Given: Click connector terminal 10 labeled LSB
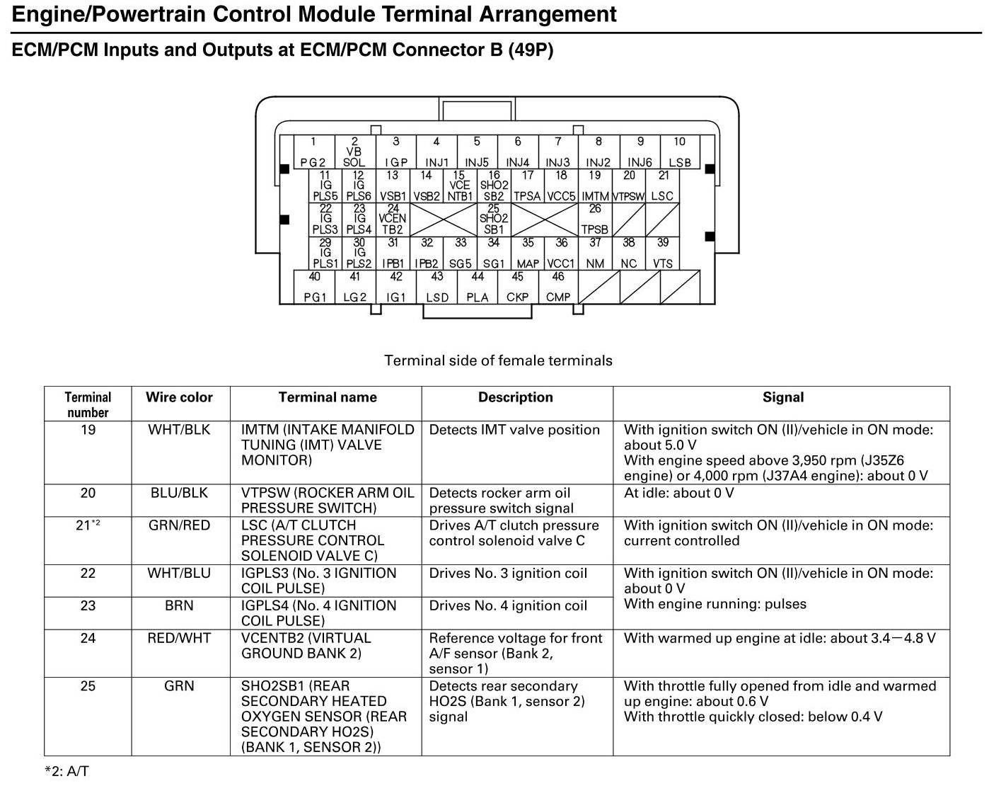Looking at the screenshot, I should click(x=680, y=152).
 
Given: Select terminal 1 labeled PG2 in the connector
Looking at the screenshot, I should click(x=313, y=152).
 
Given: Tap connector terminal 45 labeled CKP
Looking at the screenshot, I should click(x=518, y=287).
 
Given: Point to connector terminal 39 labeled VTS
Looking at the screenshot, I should click(x=663, y=254).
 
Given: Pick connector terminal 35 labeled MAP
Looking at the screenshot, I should click(x=528, y=254).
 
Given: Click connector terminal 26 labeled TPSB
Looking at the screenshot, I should click(x=595, y=220).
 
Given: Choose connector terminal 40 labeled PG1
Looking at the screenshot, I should click(x=315, y=287).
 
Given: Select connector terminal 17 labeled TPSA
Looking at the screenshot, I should click(x=528, y=186).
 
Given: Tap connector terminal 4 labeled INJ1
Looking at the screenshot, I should click(x=436, y=152).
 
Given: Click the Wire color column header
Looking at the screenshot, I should click(x=179, y=397).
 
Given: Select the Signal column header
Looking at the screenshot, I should click(x=782, y=397).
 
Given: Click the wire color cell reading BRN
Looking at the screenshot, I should click(x=179, y=605).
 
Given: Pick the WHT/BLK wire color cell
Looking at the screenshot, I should click(x=179, y=430).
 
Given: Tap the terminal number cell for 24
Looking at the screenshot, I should click(x=88, y=638).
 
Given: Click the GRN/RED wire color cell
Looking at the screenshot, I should click(x=179, y=525).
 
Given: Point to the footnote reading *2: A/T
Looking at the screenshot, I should click(x=66, y=771).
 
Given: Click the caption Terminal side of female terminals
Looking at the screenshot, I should click(x=498, y=360).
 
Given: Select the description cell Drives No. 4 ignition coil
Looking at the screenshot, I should click(x=508, y=605).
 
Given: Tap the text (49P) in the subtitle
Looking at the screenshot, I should click(x=531, y=50).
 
